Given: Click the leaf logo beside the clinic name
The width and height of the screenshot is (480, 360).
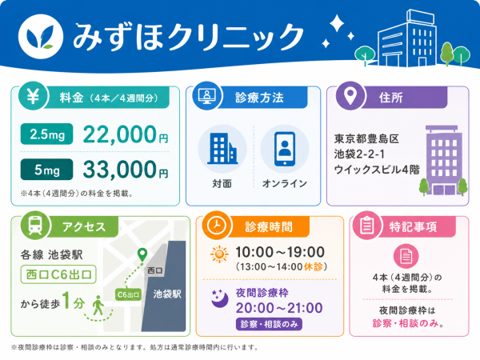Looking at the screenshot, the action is tap(41, 37).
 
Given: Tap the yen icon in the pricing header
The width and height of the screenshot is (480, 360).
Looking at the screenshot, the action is tap(33, 97).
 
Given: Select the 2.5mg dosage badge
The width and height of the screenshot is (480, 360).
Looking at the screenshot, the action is tap(47, 134).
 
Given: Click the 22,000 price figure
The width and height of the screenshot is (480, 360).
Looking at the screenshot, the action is tap(120, 134).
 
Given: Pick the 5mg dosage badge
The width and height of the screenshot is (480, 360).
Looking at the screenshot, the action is tap(47, 170).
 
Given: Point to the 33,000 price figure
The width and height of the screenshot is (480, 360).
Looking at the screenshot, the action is tap(120, 170).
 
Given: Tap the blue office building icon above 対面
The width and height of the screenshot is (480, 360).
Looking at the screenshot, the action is tap(222, 148).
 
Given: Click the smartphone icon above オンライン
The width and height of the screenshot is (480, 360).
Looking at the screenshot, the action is tap(285, 149).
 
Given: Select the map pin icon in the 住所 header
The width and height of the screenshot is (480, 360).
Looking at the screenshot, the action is tap(350, 95).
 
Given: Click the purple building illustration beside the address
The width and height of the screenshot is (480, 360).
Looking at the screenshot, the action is tap(443, 161).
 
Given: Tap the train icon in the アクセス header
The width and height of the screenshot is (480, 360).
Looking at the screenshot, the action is tap(35, 226).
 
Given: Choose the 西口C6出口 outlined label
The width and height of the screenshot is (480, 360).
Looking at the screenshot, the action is tap(58, 274).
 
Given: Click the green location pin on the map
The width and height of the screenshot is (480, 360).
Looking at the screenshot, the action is tap(142, 254).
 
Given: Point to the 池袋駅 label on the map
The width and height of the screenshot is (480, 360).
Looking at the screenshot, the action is tap(167, 294).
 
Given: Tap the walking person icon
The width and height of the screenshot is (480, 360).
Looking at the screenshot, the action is tap(98, 306).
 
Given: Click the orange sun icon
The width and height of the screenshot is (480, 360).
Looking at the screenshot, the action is tap(219, 254).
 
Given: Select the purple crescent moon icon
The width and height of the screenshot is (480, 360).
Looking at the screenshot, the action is tap(220, 298).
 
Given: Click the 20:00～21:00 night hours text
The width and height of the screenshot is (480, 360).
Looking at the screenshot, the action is tap(279, 308).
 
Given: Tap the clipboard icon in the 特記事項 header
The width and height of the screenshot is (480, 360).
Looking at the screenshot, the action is tap(366, 226).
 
